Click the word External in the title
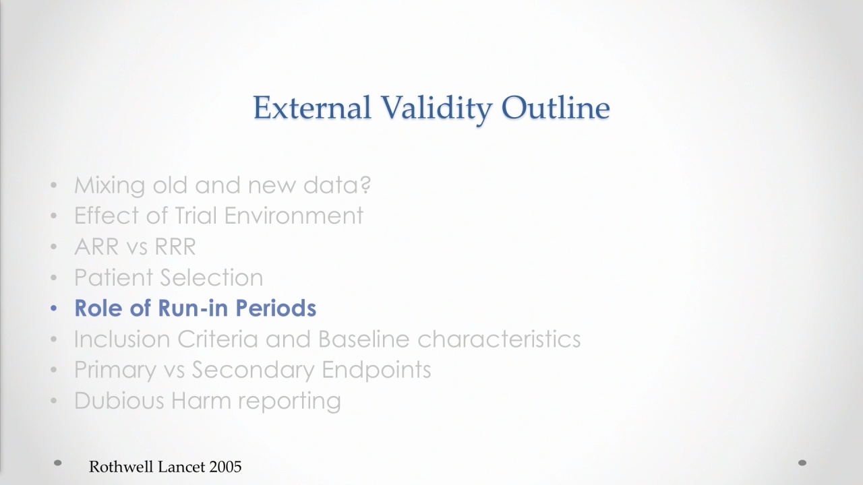pos(312,107)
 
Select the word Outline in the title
pos(556,107)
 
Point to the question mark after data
pos(366,185)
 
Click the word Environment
pos(293,215)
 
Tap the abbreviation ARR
pos(96,247)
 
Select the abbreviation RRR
pos(175,247)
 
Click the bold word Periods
pos(276,308)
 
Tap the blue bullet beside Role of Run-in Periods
pos(53,308)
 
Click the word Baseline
pos(363,339)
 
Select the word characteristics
pos(499,339)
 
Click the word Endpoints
pos(376,370)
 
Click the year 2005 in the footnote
pos(225,467)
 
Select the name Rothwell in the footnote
pos(122,467)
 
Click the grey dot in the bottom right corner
pos(802,463)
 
